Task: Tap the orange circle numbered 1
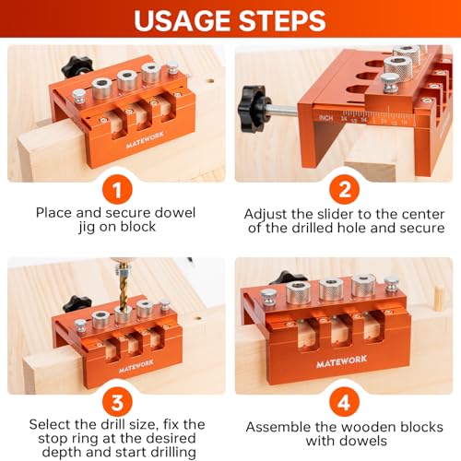(x=115, y=190)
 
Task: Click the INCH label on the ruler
(x=323, y=117)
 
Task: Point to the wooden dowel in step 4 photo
(x=439, y=297)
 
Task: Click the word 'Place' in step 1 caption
(x=54, y=212)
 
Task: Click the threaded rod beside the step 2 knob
(x=288, y=112)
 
